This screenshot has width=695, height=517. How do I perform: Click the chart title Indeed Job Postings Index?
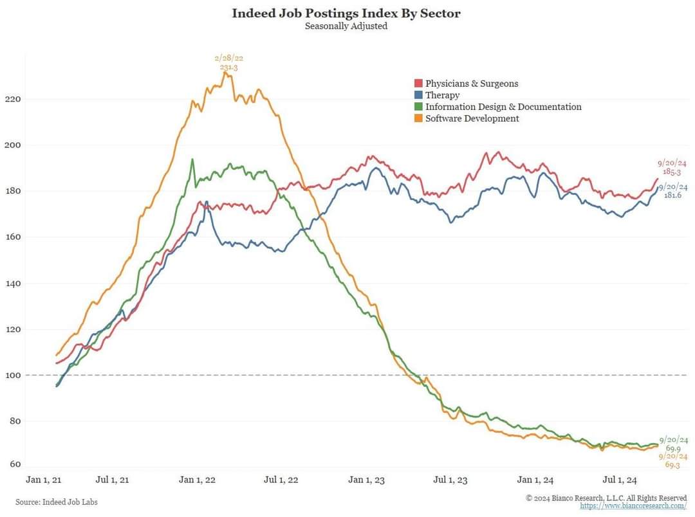click(346, 13)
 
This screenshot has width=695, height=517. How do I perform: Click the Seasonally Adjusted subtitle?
click(346, 27)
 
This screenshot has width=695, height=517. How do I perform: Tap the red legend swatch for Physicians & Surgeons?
click(418, 84)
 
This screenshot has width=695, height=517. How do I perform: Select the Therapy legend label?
click(442, 95)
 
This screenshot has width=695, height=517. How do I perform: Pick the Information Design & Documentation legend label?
click(503, 107)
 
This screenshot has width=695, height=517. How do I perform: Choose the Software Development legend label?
click(472, 118)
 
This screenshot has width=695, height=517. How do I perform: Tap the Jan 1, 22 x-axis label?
click(197, 480)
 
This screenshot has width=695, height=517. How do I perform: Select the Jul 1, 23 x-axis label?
click(450, 480)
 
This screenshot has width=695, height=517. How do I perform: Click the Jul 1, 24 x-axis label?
click(619, 480)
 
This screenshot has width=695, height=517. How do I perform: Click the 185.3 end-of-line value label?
click(672, 173)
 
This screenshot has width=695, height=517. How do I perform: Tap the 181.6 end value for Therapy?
click(672, 195)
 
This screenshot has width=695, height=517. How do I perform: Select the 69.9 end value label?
click(673, 448)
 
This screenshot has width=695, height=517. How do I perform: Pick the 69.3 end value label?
click(672, 465)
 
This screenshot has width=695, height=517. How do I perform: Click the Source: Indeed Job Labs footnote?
click(57, 502)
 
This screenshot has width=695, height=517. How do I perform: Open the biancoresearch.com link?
click(633, 506)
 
